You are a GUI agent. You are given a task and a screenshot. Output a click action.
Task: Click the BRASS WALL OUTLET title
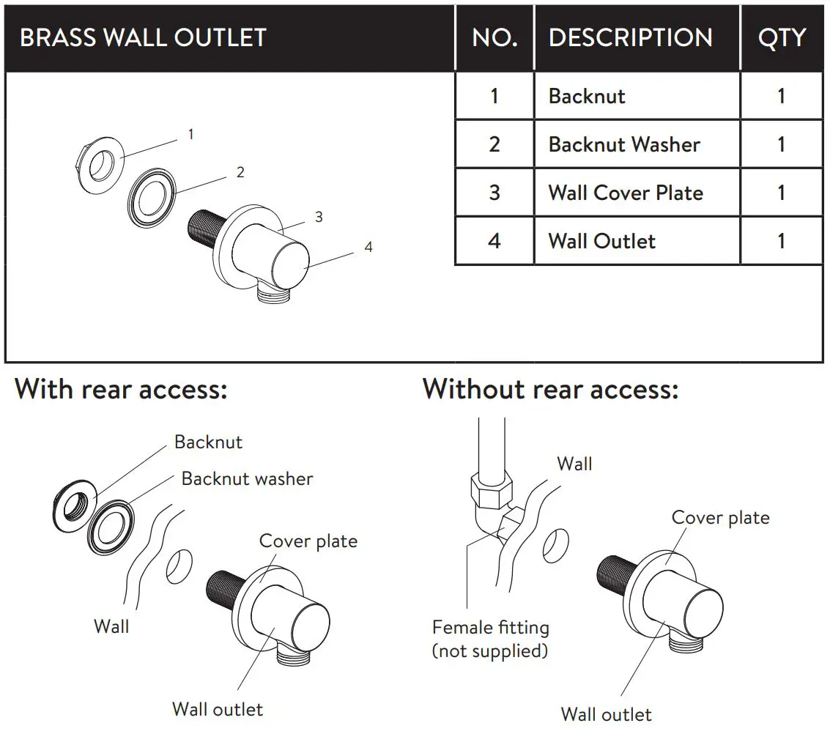(143, 38)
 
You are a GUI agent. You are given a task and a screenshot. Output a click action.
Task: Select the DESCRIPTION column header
(630, 38)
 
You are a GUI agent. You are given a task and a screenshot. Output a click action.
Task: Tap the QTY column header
(782, 38)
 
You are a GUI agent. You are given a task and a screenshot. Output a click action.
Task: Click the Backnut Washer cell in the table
(624, 144)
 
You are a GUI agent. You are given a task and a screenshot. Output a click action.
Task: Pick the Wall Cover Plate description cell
(626, 193)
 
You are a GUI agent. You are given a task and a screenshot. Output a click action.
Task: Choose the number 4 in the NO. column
(494, 241)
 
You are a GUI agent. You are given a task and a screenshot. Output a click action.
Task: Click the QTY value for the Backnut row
(781, 96)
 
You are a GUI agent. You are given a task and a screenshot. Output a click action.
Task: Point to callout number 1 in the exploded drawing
(191, 135)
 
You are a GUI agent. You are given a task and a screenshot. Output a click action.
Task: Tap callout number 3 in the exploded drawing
(319, 217)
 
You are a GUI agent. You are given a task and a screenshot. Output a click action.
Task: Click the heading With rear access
(122, 389)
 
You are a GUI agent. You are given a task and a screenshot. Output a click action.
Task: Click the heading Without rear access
(550, 389)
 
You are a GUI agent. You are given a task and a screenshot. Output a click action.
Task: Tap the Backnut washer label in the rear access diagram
(247, 479)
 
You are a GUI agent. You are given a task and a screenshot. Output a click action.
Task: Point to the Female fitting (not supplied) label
(490, 639)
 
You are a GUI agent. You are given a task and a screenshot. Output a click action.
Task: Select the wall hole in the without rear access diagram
(556, 546)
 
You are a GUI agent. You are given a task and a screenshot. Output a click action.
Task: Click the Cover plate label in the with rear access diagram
(308, 541)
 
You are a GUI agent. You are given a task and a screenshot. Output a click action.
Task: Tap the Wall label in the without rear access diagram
(574, 464)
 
